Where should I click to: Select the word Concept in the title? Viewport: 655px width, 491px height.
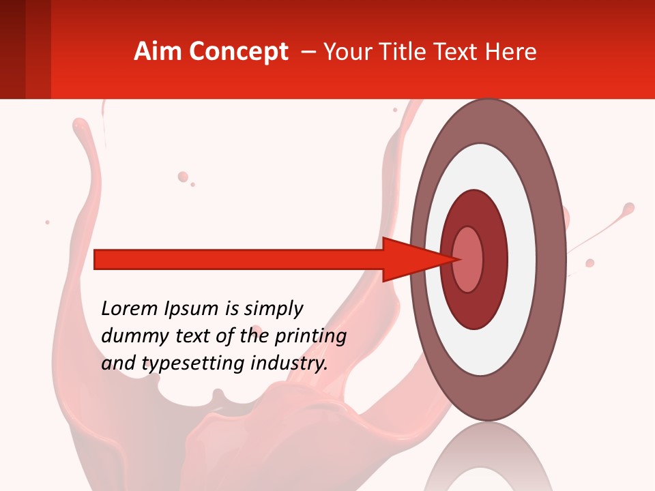click(x=238, y=52)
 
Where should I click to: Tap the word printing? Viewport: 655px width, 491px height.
click(x=312, y=337)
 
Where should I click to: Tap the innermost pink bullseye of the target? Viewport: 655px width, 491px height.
click(x=468, y=259)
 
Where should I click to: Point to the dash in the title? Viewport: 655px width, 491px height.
click(x=308, y=52)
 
